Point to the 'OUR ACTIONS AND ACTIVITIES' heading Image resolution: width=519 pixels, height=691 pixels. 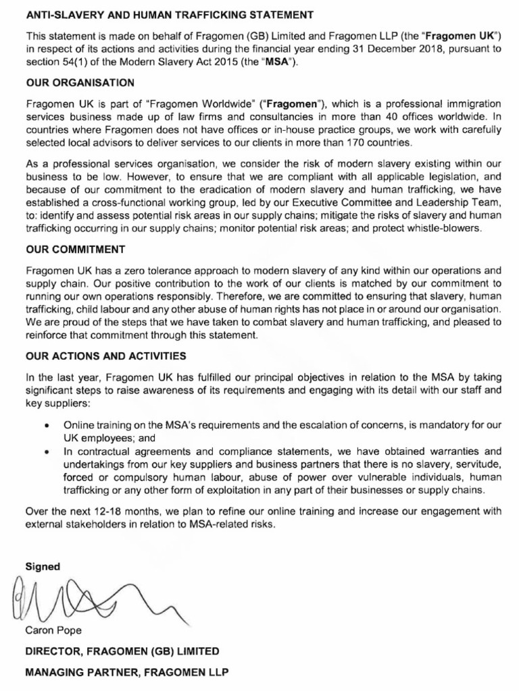point(105,355)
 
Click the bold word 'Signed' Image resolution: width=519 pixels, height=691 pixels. point(43,566)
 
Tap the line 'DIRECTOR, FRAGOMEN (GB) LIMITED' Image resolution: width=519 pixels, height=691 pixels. point(122,651)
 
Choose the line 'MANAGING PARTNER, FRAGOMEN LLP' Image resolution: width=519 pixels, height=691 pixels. point(127,673)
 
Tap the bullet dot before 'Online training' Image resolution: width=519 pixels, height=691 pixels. point(45,426)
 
